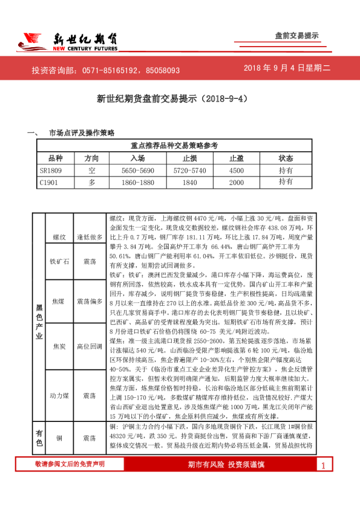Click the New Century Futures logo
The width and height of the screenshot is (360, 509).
coord(67,41)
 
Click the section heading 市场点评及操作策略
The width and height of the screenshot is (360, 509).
coord(82,132)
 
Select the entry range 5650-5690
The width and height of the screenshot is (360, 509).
coord(138,170)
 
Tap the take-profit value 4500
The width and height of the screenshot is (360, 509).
coord(236,170)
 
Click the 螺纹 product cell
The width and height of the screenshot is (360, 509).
coord(59,238)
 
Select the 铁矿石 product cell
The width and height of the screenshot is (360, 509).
coord(59,261)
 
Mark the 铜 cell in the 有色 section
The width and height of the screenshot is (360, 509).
coord(59,437)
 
